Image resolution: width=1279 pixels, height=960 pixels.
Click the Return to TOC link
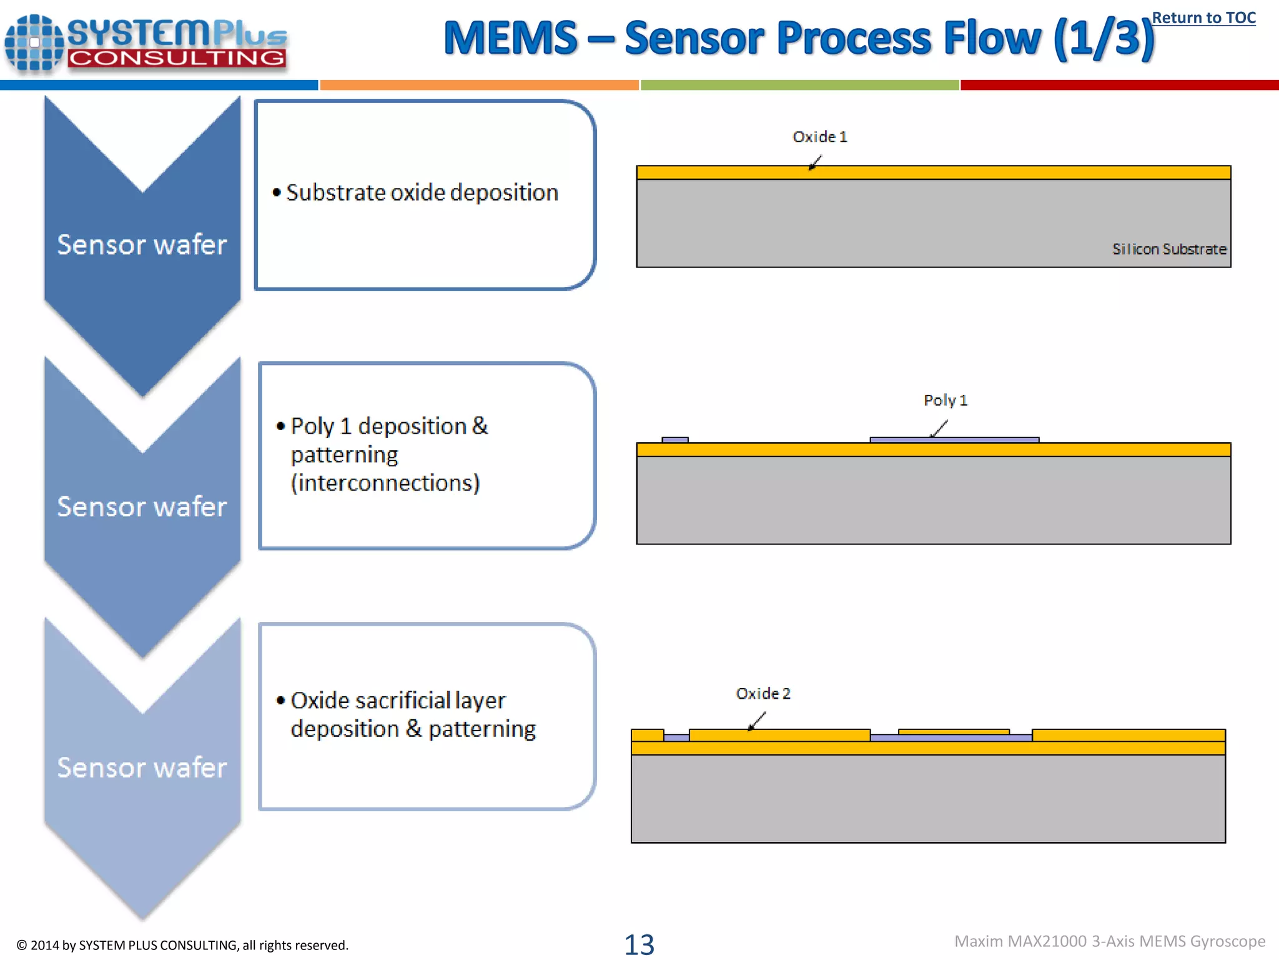click(1203, 18)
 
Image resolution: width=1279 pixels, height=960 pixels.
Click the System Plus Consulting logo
click(146, 42)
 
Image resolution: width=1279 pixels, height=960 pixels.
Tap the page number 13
click(639, 944)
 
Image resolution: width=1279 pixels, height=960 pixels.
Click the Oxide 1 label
click(819, 137)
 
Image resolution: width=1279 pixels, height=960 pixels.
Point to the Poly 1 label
click(945, 400)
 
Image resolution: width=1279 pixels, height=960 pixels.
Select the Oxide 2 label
click(763, 693)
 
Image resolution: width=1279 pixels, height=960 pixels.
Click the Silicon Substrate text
click(1168, 249)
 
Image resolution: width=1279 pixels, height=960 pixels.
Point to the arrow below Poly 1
click(939, 429)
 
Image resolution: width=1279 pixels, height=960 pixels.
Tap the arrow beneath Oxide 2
click(756, 722)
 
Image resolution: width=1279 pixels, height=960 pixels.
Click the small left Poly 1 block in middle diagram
click(675, 440)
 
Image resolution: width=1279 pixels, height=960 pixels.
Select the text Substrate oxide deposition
click(422, 192)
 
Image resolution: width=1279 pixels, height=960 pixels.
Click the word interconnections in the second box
click(385, 483)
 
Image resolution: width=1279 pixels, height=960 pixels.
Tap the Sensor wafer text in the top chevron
click(142, 244)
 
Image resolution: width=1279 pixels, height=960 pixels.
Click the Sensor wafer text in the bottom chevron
click(142, 767)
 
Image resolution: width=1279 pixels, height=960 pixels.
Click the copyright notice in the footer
click(182, 945)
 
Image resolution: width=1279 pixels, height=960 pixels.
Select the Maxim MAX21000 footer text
click(1109, 941)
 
